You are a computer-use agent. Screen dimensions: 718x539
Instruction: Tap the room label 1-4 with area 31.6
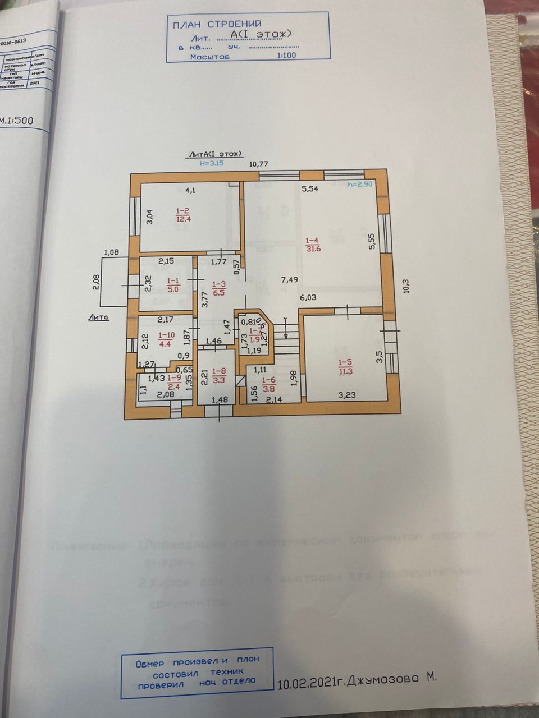coord(313,245)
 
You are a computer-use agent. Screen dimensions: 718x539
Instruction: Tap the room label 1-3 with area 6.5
coord(218,288)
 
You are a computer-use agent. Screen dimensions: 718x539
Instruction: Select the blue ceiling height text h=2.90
coord(360,185)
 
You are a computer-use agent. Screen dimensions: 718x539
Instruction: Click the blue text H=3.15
coord(212,164)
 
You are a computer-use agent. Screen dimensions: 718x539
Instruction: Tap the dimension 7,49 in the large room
coord(290,280)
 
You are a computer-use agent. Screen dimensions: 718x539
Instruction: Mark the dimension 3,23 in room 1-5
coord(347,395)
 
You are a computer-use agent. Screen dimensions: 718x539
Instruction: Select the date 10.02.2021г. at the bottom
coord(310,681)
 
